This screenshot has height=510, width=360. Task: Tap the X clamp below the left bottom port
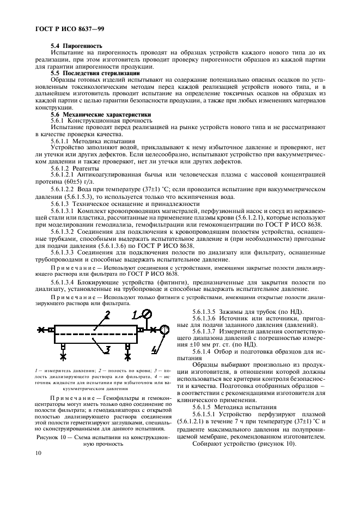tap(64, 356)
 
